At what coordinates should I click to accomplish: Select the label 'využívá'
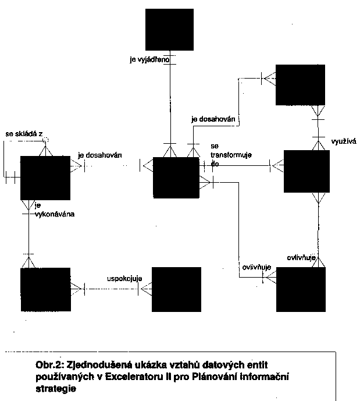[341, 141]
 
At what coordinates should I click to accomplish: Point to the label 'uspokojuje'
[125, 278]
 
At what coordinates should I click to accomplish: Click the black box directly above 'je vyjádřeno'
[169, 29]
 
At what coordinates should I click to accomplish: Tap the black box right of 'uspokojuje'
[176, 290]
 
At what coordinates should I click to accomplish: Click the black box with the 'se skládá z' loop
[45, 178]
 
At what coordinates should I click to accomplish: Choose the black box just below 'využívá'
[308, 171]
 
